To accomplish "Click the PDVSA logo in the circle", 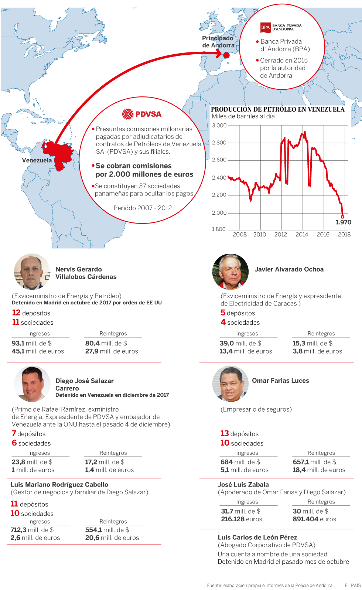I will pos(142,114).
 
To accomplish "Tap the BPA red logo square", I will pos(265,27).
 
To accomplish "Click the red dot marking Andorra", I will pos(226,55).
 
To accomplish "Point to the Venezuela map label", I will pos(37,160).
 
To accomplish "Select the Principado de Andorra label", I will pos(218,42).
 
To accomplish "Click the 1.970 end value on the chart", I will pos(343,222).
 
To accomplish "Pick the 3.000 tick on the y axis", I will pos(219,126).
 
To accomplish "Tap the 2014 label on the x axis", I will pos(302,234).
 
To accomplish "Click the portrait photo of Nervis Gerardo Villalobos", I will pos(32,272).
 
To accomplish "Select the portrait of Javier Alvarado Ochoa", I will pos(230,272).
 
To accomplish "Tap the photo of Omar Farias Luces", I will pos(230,383).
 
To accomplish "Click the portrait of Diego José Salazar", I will pos(32,384).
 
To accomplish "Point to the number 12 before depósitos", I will pos(16,313).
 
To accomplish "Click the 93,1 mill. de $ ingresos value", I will pos(32,343).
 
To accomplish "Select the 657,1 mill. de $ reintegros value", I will pos(314,462).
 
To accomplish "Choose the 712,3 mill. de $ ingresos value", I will pos(32,530).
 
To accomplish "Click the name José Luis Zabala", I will pos(243,484).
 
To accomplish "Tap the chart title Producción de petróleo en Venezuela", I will pos(277,109).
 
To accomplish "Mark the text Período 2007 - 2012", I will pos(143,208).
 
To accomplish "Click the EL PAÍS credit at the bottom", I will pos(353,585).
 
